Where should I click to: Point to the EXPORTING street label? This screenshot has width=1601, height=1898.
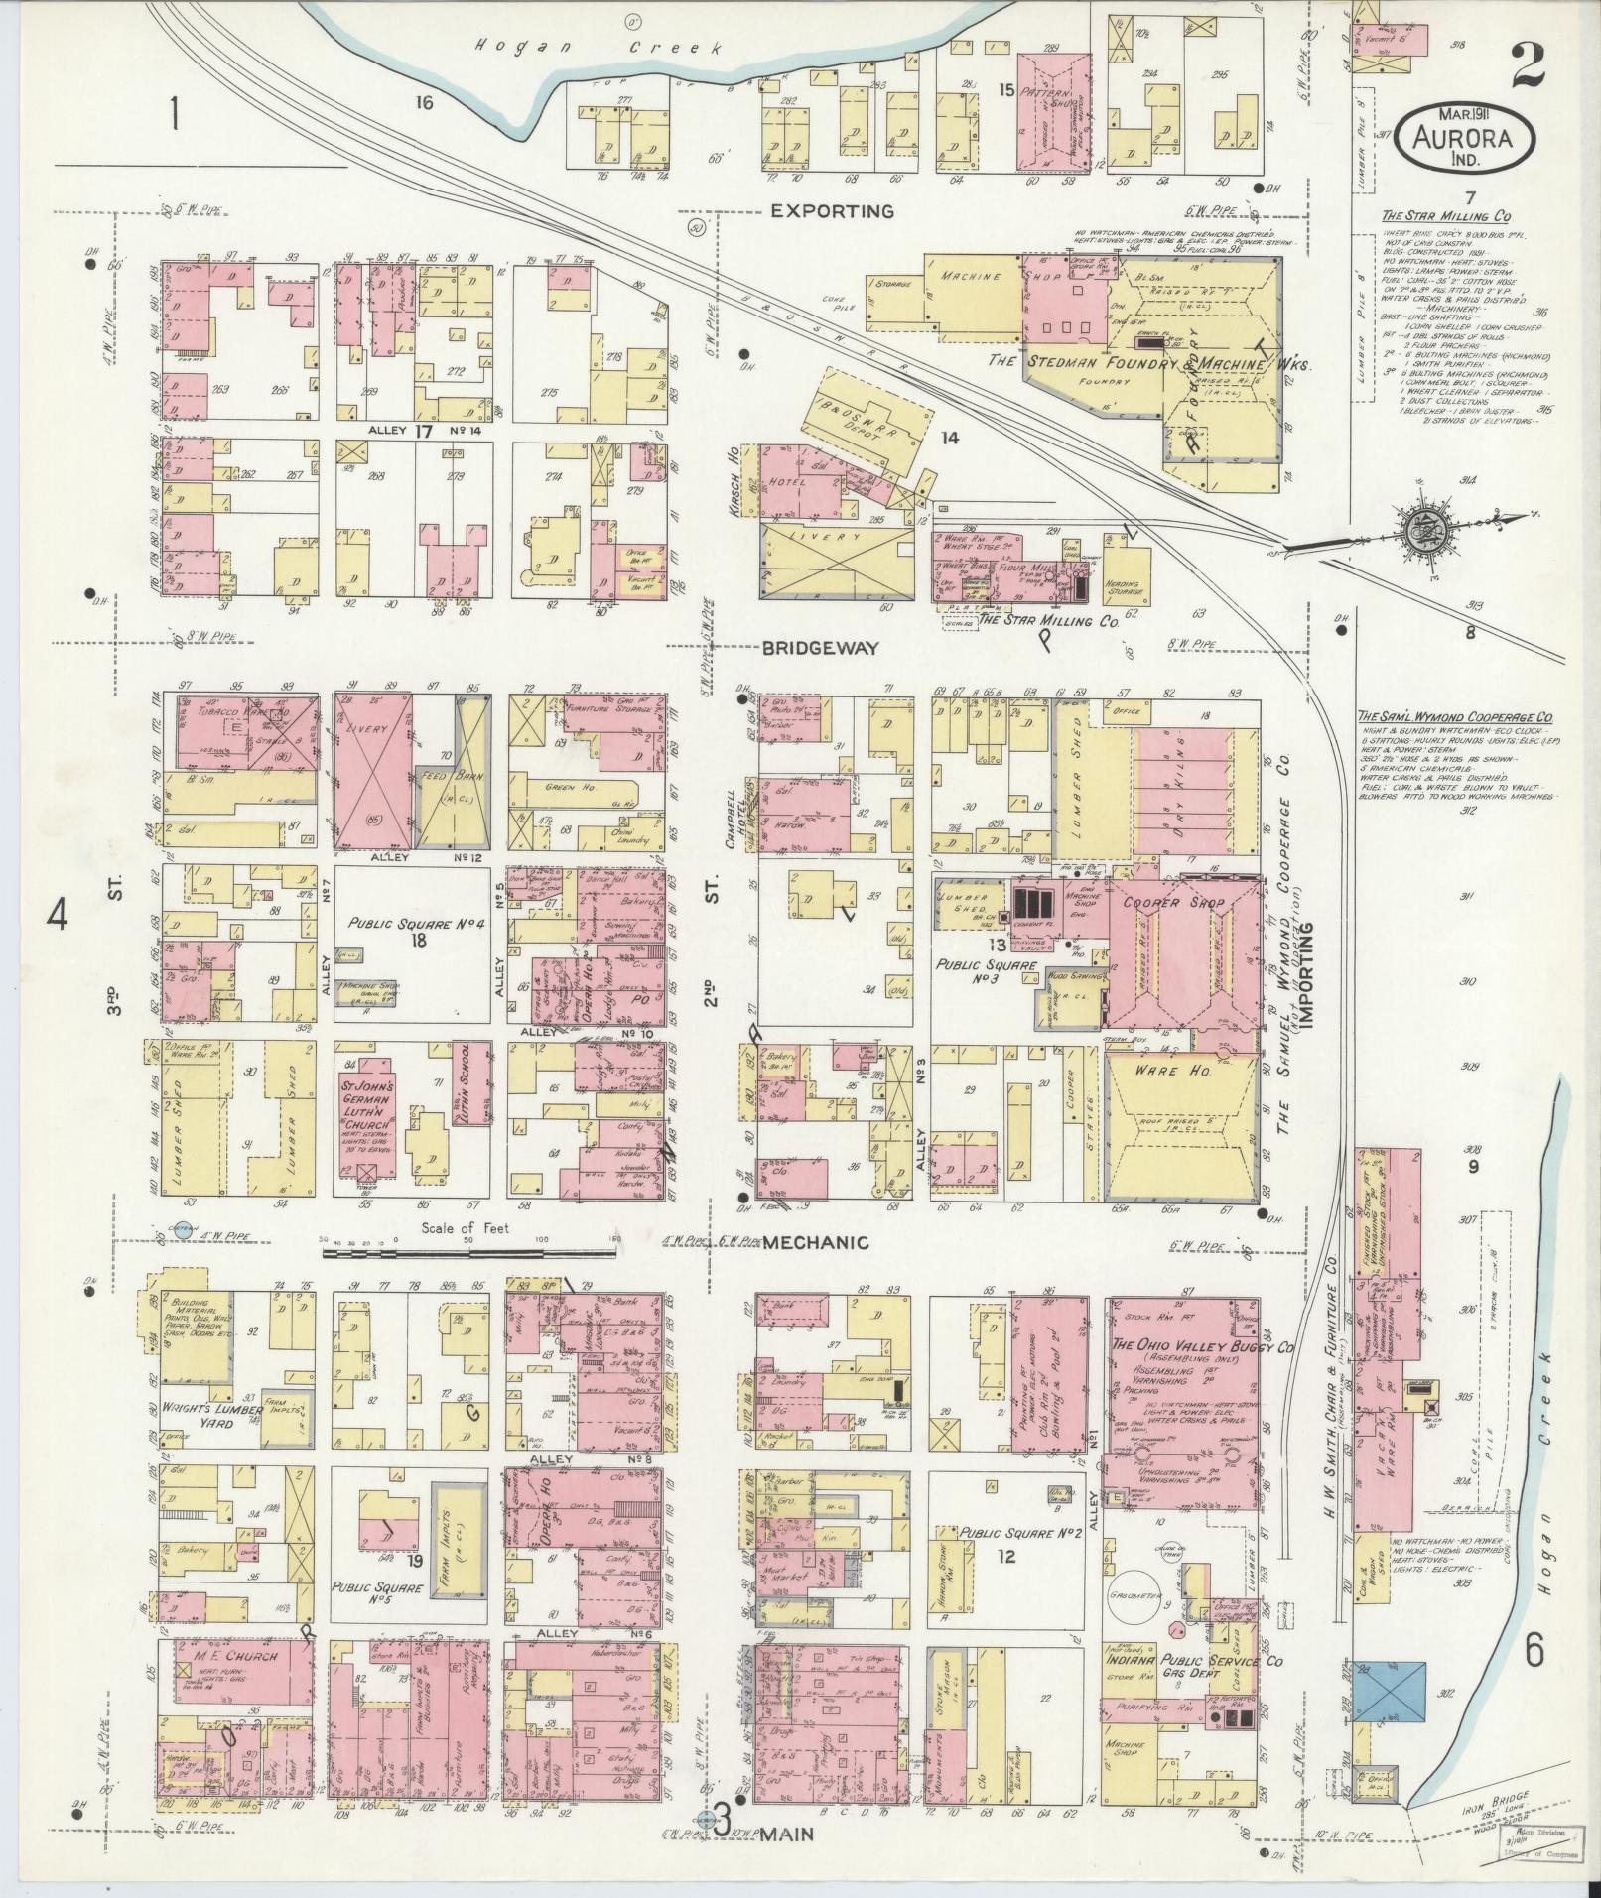point(832,211)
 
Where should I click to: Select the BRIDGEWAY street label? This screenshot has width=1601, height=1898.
point(820,648)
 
